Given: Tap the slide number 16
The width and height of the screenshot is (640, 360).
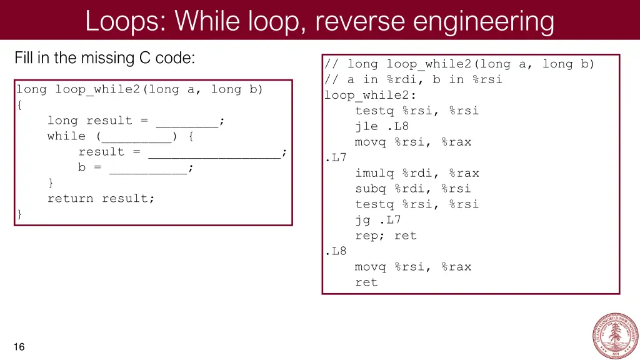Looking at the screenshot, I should (19, 347).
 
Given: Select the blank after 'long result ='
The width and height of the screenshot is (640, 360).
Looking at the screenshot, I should (187, 121).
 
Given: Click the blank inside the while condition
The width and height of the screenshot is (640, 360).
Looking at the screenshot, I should (137, 136).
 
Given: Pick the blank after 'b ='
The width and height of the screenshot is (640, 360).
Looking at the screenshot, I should (148, 167).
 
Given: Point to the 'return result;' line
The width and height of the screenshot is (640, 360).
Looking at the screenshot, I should (101, 199).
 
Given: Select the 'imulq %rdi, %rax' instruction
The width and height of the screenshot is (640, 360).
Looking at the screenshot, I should (417, 173).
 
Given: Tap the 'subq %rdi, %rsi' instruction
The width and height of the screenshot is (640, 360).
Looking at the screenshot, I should (413, 189).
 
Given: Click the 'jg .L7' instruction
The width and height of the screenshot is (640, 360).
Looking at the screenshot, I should (378, 220).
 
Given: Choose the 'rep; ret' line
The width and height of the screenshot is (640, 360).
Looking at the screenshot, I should (386, 236).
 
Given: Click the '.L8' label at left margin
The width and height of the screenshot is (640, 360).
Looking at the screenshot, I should (336, 251).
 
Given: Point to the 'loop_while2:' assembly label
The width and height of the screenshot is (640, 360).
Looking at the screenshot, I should (370, 95).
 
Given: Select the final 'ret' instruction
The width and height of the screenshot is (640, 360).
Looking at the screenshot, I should (366, 282).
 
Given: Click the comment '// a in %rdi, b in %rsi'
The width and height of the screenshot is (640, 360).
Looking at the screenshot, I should (413, 79).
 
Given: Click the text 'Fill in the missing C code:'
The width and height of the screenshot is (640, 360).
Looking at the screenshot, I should (104, 59).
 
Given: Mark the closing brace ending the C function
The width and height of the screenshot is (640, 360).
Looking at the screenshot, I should (20, 214).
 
